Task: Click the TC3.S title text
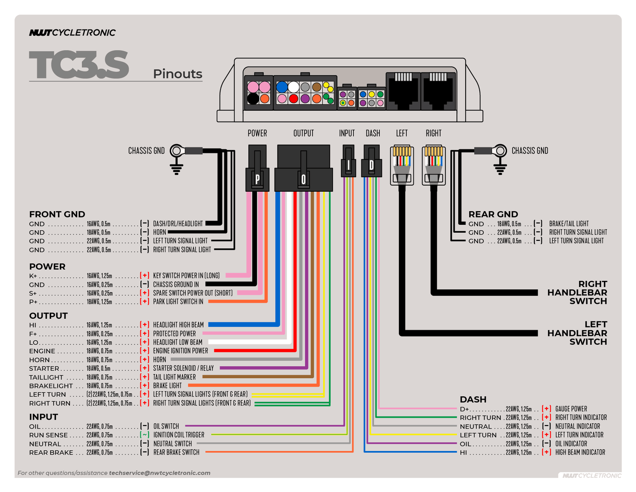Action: (x=79, y=65)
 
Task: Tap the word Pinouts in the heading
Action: (x=177, y=74)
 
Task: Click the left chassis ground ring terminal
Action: (x=177, y=151)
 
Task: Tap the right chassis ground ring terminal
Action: (x=500, y=151)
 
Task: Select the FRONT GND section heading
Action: (x=57, y=215)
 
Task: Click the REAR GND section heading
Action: (x=493, y=215)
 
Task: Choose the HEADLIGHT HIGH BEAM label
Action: (x=178, y=325)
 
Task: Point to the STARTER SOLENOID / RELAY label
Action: (x=183, y=368)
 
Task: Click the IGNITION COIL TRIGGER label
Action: (x=179, y=435)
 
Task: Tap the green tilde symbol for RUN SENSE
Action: (x=144, y=435)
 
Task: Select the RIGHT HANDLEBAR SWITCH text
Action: (x=577, y=293)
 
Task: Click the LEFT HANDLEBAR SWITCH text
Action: (x=577, y=333)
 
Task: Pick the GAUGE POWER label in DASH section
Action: (x=571, y=409)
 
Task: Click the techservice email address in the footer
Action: (x=159, y=473)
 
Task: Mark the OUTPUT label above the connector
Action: (x=303, y=133)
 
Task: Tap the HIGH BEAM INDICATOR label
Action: (x=580, y=452)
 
